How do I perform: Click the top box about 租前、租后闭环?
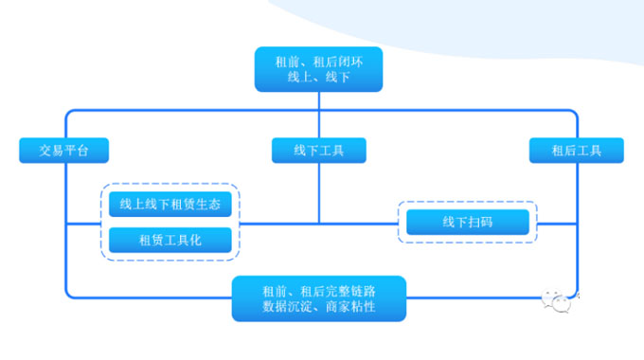[318, 69]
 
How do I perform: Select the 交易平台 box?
[64, 150]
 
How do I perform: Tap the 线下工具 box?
[318, 150]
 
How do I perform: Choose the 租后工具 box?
[576, 150]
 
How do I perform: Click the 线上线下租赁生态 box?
[170, 204]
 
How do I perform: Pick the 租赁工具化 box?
[170, 241]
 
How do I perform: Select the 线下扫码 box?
[467, 222]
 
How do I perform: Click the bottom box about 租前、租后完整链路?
[318, 298]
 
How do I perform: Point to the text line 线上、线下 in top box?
[318, 78]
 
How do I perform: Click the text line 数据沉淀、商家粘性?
[318, 308]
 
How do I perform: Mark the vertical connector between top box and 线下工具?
[318, 115]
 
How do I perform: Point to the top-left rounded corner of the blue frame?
[69, 114]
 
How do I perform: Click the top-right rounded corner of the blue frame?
[572, 114]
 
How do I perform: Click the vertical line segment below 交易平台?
[65, 218]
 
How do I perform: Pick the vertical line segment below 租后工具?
[576, 218]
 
